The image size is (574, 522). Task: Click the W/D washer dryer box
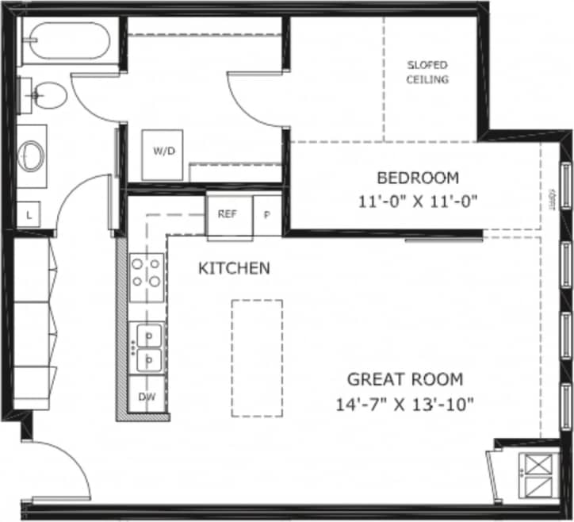[164, 151]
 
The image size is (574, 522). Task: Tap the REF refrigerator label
[228, 214]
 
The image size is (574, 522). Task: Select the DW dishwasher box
[147, 396]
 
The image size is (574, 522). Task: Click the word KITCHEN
[234, 268]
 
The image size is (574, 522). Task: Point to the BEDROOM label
[417, 177]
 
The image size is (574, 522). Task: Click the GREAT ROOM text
[404, 379]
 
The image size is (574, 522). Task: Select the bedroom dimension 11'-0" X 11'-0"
[417, 202]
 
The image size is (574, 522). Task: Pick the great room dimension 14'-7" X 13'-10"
[404, 404]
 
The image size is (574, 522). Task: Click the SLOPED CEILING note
[428, 72]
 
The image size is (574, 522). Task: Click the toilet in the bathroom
[48, 96]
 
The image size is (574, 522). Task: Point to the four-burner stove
[147, 271]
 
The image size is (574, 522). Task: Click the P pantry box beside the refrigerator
[266, 215]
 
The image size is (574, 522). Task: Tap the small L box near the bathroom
[29, 215]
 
